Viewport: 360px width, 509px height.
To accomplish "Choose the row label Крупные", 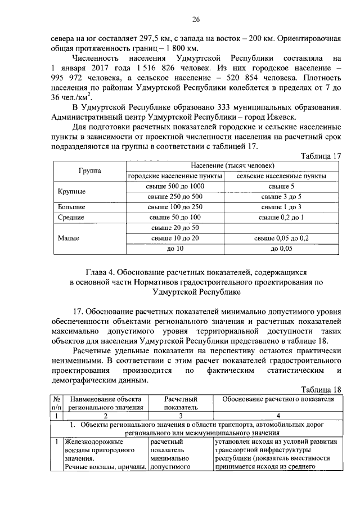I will [x=71, y=191].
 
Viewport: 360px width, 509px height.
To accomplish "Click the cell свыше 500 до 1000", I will [x=175, y=186].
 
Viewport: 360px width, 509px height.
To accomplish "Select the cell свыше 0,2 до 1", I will [x=281, y=217].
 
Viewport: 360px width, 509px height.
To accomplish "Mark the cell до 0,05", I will [x=281, y=247].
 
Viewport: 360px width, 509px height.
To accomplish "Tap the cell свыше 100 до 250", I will [x=175, y=206].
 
